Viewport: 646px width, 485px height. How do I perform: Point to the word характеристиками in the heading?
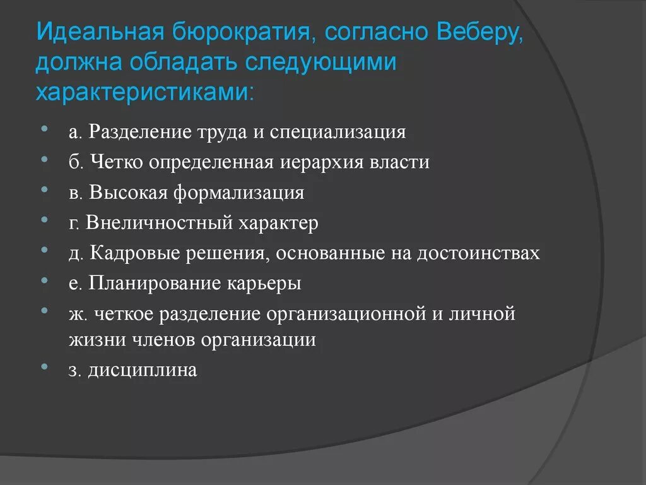click(146, 92)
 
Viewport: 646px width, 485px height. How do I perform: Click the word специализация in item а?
click(338, 132)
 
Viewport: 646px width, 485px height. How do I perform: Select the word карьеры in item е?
click(264, 284)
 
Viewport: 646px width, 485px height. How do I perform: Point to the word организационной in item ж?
click(344, 314)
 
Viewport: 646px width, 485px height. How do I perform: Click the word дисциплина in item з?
click(142, 370)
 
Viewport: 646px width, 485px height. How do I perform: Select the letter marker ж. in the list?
click(78, 314)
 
